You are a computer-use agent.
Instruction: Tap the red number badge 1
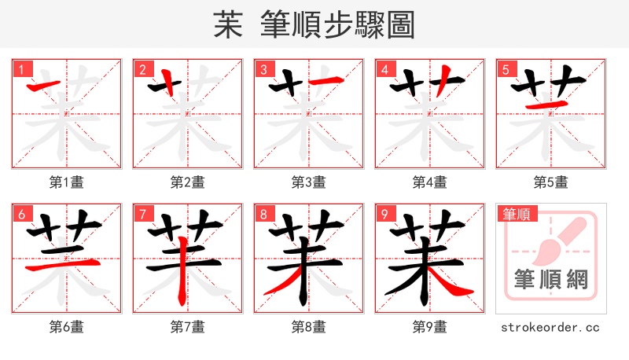point(20,69)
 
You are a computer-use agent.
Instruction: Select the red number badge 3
point(263,69)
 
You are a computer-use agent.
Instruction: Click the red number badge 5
point(505,69)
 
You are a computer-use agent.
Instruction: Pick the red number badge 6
point(20,214)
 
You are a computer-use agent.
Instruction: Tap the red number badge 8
point(263,214)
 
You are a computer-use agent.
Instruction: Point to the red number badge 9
point(384,214)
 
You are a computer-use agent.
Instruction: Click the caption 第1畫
point(67,182)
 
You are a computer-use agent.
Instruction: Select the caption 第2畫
point(188,182)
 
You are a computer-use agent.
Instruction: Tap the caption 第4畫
point(430,182)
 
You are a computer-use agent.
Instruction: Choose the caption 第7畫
point(188,326)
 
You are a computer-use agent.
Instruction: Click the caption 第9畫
point(430,326)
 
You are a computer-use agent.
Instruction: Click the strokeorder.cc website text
point(550,326)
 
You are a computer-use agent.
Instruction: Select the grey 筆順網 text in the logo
point(550,279)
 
